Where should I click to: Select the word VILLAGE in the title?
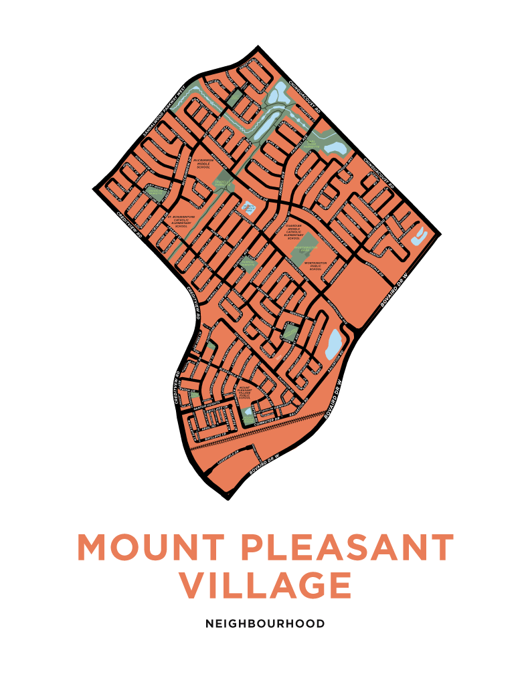[x=265, y=585]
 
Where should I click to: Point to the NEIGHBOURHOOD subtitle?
[x=265, y=624]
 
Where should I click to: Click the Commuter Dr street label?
[x=271, y=419]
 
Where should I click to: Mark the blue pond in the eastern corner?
[x=422, y=235]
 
